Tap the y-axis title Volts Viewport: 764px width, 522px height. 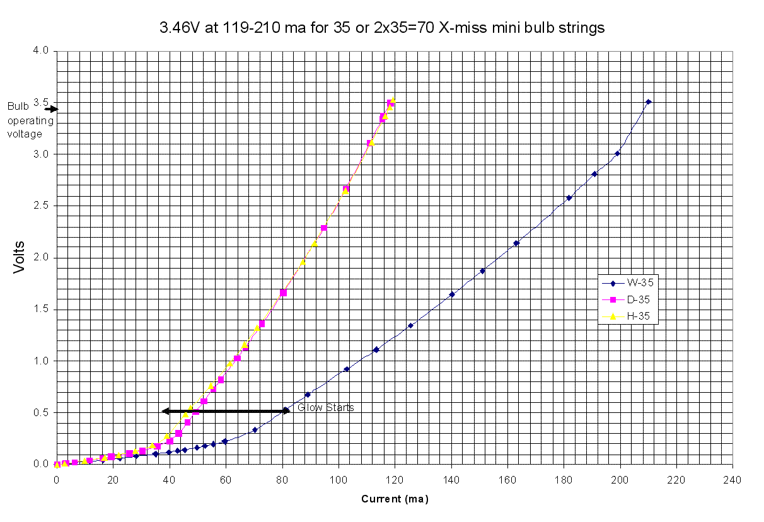[19, 257]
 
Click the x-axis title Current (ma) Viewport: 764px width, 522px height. [395, 499]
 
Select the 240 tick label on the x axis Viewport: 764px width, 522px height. [732, 478]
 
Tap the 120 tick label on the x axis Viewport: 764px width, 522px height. [395, 478]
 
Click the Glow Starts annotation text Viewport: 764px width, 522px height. [326, 408]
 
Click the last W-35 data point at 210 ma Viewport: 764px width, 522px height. [648, 101]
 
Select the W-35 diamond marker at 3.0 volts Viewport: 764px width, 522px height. [618, 153]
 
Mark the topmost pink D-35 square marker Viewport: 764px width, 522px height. [391, 103]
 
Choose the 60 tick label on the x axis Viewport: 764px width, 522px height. [226, 478]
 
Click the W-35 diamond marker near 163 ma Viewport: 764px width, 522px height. [516, 243]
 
